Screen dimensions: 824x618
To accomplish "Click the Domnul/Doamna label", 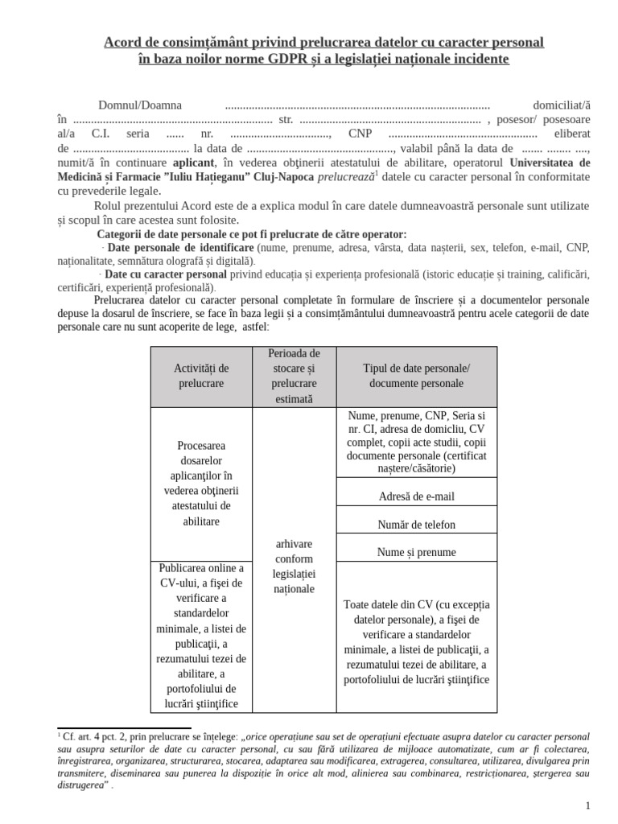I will pos(139,105).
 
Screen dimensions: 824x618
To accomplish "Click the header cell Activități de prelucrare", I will pos(201,376).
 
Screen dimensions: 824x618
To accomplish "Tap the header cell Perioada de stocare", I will pos(294,376).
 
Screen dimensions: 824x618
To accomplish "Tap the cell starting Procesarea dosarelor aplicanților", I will pos(201,483).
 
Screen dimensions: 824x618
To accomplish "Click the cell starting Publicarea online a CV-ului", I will pos(201,636).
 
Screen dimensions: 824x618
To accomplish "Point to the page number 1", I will pos(587,805).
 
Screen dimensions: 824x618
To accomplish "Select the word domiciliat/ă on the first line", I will pos(562,105).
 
